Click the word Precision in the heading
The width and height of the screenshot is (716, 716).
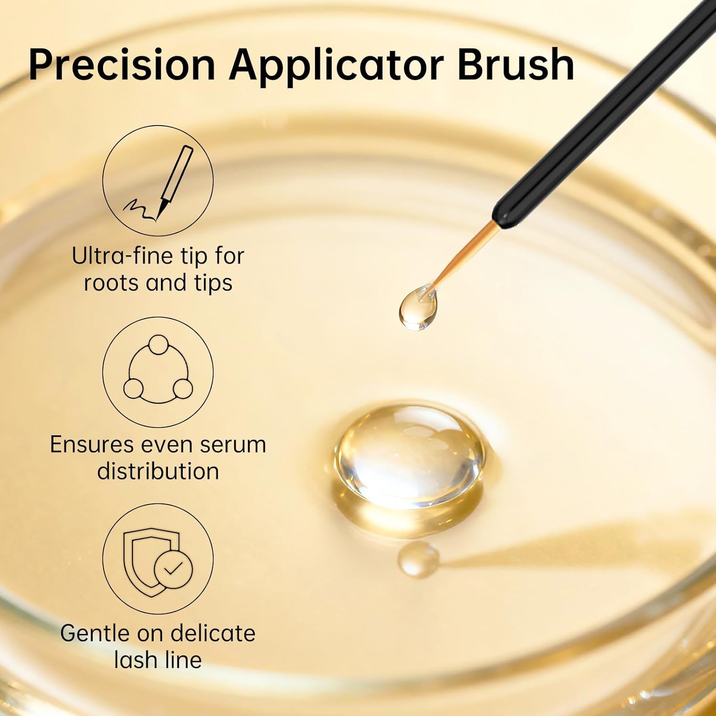[122, 65]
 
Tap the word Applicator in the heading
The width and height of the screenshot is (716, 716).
[337, 65]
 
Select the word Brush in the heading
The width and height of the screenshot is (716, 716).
[516, 65]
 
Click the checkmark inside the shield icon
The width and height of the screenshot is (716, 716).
[173, 568]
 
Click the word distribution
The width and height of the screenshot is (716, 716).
[158, 472]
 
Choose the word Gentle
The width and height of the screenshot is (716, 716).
[95, 634]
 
